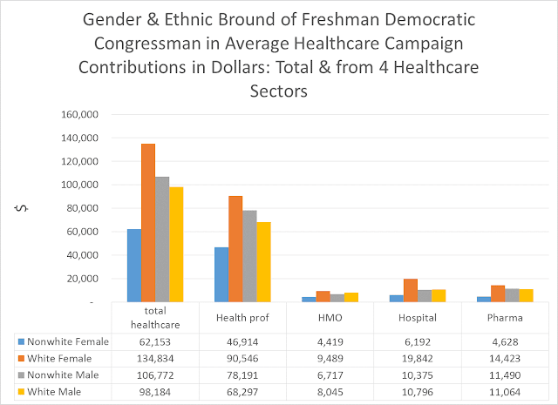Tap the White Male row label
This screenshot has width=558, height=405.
[60, 392]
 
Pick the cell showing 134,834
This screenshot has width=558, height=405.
[155, 359]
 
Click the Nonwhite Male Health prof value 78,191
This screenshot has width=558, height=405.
[242, 375]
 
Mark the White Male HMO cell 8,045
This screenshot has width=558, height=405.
[330, 392]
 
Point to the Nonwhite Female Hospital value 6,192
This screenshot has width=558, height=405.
[417, 342]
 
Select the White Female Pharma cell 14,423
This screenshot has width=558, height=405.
[504, 359]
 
